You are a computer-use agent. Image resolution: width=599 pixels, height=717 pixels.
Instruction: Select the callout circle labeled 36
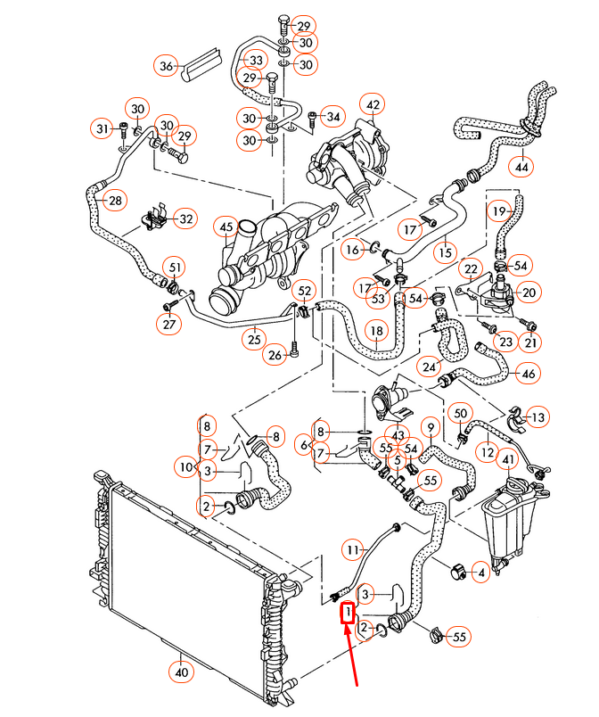166,66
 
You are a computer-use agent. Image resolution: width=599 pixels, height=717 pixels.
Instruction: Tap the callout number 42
373,106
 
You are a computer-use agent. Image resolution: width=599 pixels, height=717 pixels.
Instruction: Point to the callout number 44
521,165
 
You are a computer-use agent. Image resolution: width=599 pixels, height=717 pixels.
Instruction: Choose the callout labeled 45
227,227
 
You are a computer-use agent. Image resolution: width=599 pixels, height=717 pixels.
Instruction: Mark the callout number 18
377,331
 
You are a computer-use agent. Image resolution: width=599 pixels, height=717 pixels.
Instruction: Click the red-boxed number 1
347,613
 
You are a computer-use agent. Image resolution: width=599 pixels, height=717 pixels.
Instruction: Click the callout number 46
529,374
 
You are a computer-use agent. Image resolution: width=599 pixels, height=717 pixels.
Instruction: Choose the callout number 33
256,60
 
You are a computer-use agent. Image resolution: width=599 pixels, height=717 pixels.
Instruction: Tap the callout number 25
256,338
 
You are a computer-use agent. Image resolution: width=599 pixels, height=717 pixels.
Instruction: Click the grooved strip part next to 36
202,62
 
